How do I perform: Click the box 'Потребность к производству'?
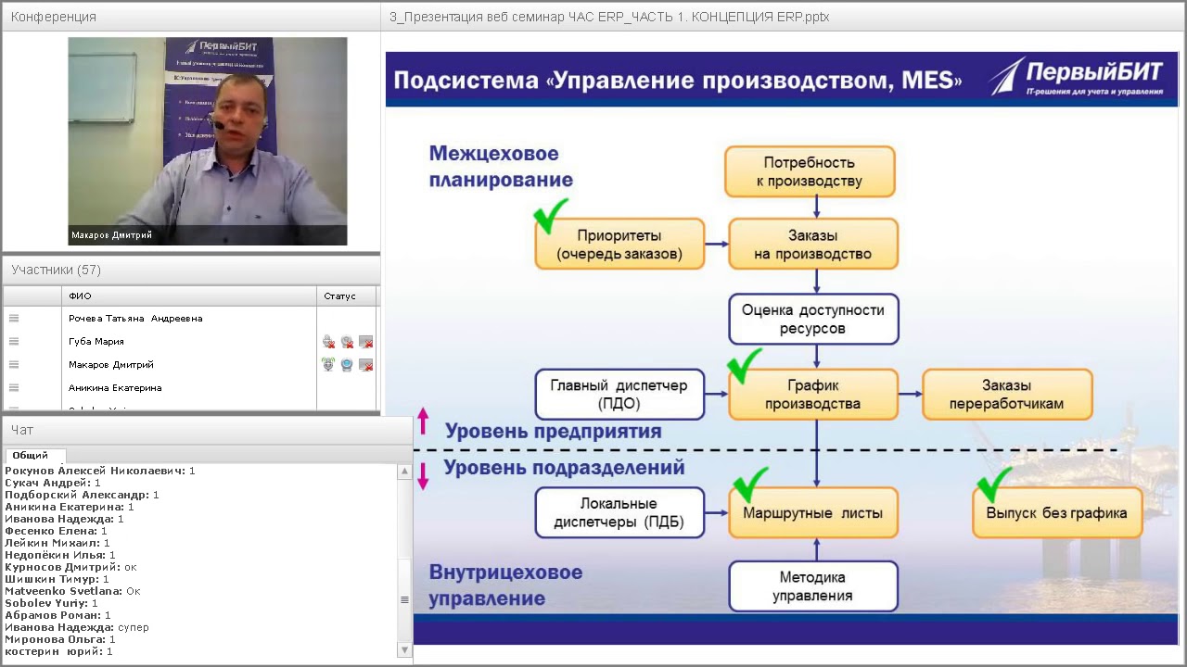tap(810, 171)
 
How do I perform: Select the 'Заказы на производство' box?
tap(812, 245)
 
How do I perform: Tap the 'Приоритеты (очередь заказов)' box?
tap(619, 245)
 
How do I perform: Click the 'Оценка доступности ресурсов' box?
tap(812, 319)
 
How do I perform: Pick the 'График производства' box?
tap(812, 395)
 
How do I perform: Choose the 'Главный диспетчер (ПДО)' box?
tap(619, 395)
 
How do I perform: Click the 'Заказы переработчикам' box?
tap(1007, 395)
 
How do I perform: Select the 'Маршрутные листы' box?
tap(812, 513)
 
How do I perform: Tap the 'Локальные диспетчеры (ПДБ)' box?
tap(619, 513)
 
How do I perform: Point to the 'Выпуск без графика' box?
tap(1056, 513)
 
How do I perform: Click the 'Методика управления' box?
tap(812, 586)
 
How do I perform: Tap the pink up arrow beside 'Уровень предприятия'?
tap(423, 421)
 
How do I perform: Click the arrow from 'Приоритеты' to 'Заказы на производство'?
tap(716, 245)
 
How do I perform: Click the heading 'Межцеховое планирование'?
tap(501, 167)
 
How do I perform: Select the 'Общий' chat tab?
tap(31, 456)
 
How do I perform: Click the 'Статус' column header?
tap(340, 296)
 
